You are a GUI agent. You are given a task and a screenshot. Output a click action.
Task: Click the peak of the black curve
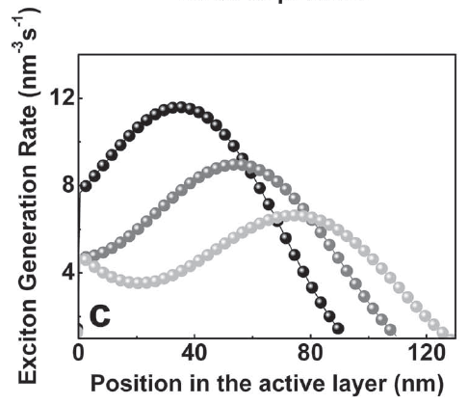(x=177, y=107)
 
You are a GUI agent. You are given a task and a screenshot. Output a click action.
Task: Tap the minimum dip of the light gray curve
(x=143, y=283)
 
